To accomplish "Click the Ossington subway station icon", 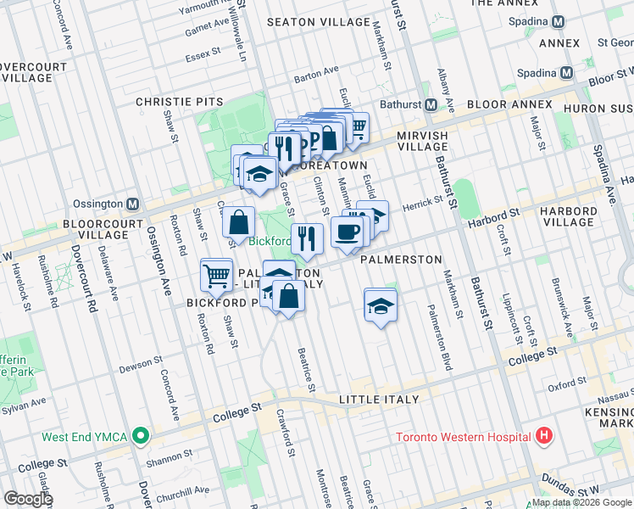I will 133,204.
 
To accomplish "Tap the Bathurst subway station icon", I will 431,104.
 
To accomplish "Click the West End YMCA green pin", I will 142,437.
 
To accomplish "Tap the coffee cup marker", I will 346,232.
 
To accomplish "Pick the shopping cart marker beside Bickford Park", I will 216,274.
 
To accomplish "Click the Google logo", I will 28,498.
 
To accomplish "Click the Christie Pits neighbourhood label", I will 180,102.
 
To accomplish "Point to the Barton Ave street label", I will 316,74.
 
